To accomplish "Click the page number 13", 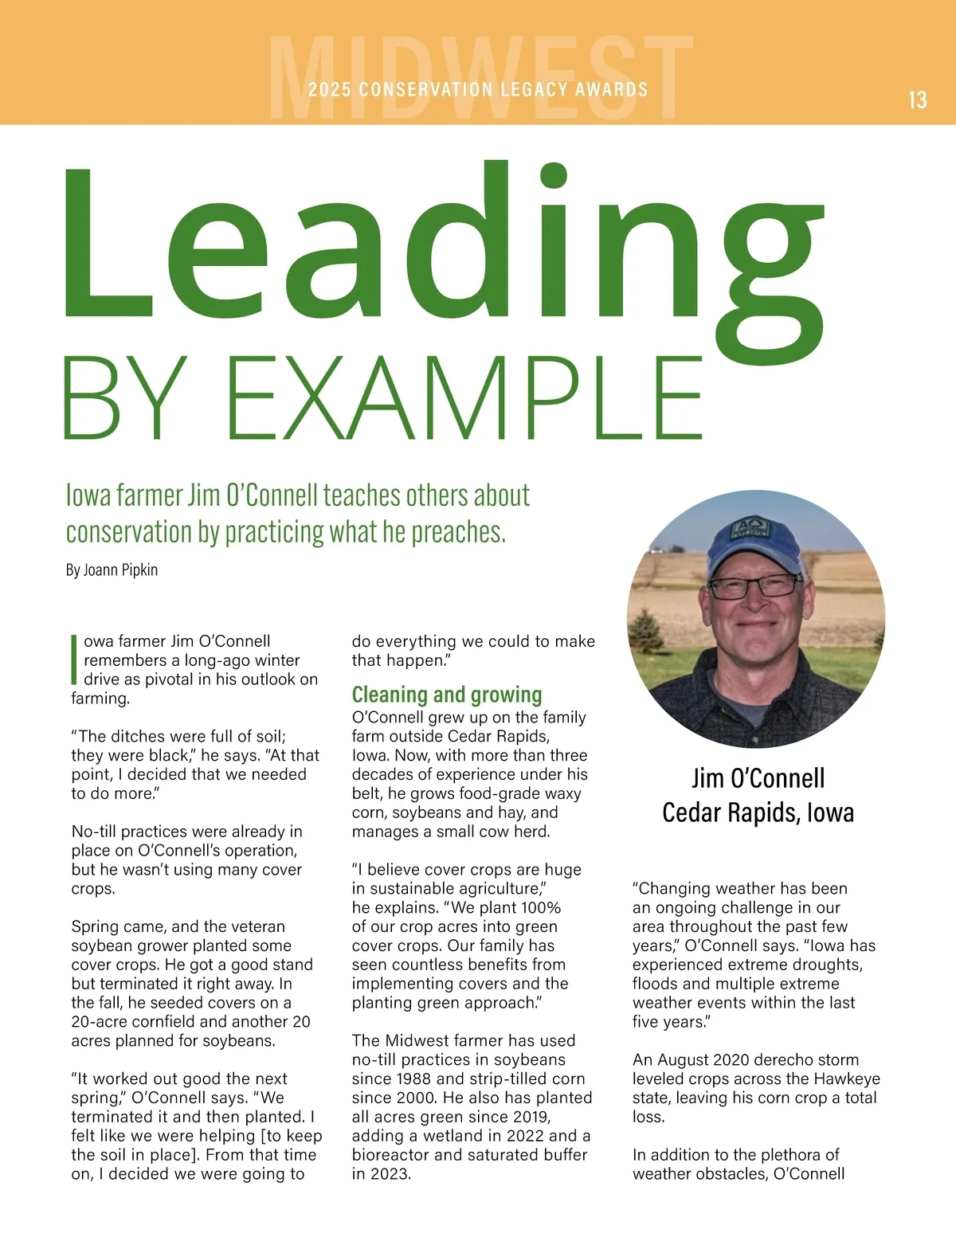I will [x=917, y=100].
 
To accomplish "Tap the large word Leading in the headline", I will [x=442, y=255].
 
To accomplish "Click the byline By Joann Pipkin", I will [x=112, y=570].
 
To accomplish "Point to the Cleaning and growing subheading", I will [x=447, y=695].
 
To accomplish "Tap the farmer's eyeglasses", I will [x=754, y=588].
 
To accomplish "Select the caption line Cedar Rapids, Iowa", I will [x=758, y=812].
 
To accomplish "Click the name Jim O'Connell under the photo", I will [x=758, y=778].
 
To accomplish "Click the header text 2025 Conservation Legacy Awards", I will [x=478, y=89].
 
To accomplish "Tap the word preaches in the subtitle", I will [x=460, y=532].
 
